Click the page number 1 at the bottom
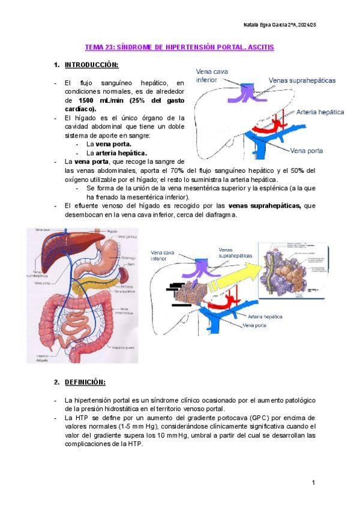point(313,483)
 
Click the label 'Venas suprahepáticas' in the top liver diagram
point(302,80)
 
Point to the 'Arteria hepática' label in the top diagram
point(320,112)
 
